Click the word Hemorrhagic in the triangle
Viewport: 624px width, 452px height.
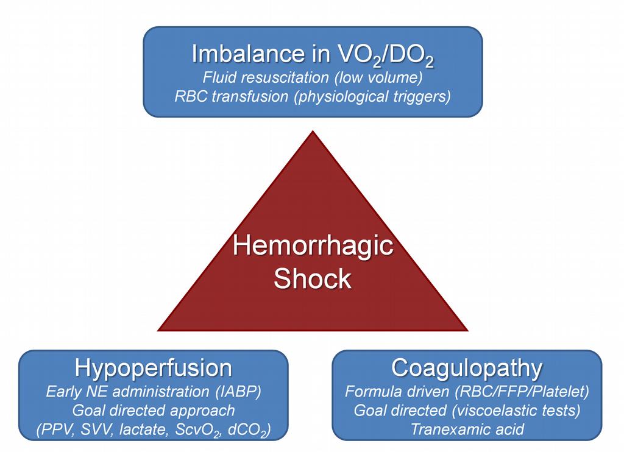[x=313, y=246]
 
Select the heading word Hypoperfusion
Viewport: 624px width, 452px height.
[x=153, y=369]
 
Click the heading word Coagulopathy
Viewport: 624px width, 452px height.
[x=467, y=369]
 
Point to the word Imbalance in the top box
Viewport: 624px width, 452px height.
[x=247, y=54]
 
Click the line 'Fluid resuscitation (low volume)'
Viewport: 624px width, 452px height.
[x=313, y=77]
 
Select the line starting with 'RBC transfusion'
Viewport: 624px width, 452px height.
[x=313, y=96]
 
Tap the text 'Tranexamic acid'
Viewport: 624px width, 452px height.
[x=467, y=429]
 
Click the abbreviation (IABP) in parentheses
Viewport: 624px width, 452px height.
[x=238, y=392]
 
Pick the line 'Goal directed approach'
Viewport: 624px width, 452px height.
[x=154, y=411]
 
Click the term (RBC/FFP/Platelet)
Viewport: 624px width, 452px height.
[x=522, y=392]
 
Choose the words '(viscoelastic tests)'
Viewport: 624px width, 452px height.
[x=516, y=410]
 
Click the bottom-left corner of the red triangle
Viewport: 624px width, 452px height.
[x=158, y=331]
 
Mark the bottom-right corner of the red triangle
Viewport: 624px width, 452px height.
[x=468, y=331]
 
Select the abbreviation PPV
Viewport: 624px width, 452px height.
[x=58, y=429]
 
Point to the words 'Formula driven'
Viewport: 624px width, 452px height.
[x=397, y=392]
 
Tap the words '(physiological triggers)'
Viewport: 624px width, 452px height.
[x=372, y=96]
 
